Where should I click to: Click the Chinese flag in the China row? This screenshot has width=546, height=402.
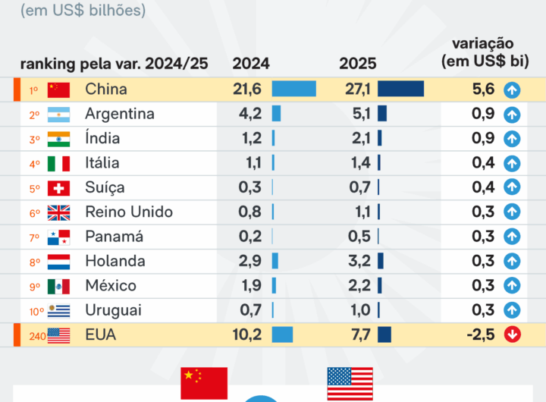(x=58, y=90)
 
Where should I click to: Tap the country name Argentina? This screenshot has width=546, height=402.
(x=120, y=114)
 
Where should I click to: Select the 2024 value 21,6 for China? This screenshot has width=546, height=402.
(x=247, y=90)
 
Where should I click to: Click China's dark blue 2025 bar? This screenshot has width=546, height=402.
(x=400, y=90)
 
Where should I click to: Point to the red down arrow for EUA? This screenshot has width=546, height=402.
(x=513, y=334)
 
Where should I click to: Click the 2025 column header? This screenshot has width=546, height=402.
(x=358, y=64)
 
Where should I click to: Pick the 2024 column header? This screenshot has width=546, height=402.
(x=251, y=64)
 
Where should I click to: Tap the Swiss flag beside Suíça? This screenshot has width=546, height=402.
(x=58, y=187)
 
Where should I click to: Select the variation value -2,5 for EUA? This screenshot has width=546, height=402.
(x=479, y=334)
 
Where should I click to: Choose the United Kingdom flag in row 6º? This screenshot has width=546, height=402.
(x=58, y=212)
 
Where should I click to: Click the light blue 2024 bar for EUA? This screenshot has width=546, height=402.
(x=282, y=334)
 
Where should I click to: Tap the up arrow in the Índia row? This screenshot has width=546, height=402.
(x=513, y=139)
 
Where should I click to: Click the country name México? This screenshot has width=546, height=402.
(x=111, y=286)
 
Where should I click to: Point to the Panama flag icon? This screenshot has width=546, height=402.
(x=58, y=237)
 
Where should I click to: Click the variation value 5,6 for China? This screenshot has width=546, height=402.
(x=483, y=90)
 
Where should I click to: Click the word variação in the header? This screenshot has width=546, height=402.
(x=483, y=43)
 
